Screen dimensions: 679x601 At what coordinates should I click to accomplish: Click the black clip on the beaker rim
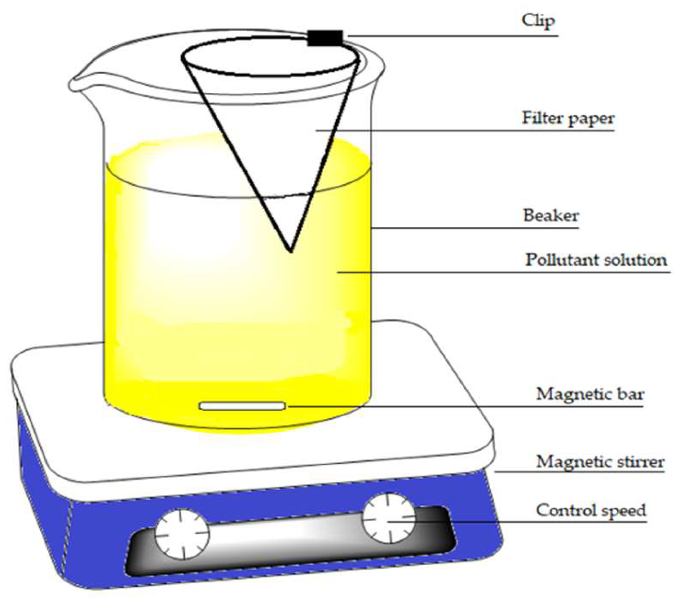click(325, 38)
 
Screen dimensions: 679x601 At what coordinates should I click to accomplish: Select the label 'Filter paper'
click(568, 118)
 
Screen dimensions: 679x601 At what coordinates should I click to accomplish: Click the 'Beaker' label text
click(551, 216)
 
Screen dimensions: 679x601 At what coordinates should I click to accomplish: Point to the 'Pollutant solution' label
click(596, 260)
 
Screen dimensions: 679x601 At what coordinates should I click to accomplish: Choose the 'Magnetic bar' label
click(590, 394)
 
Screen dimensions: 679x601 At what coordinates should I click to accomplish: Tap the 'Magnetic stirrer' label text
click(600, 462)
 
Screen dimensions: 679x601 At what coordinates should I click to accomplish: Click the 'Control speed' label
click(591, 510)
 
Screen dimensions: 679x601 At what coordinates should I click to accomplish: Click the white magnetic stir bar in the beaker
click(242, 406)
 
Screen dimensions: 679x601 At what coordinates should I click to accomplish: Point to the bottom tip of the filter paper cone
click(291, 251)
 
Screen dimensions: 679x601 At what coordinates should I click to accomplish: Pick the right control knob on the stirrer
click(388, 518)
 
